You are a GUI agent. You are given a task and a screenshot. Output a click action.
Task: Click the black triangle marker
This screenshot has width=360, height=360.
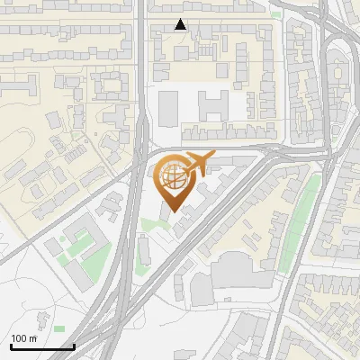tap(181, 24)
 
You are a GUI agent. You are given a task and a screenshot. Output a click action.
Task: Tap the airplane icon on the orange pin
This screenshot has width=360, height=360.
tap(197, 163)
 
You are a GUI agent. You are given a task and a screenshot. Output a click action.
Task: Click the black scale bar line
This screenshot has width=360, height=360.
tap(41, 346)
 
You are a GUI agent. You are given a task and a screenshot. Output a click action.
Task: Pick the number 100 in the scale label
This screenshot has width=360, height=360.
tap(19, 338)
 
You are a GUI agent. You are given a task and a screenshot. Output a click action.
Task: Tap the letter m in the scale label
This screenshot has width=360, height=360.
tap(32, 338)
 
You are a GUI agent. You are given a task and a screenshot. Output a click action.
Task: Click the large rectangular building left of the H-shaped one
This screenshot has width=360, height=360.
tap(169, 107)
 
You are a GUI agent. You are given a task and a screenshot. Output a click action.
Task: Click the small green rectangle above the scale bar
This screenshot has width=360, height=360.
tap(58, 329)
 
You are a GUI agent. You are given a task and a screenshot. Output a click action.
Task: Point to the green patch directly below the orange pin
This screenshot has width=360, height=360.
tap(157, 223)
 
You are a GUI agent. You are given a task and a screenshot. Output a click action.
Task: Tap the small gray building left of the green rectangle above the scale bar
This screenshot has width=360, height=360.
tap(40, 318)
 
